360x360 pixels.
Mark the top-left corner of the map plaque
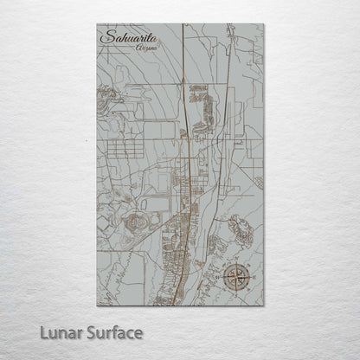pos(97,24)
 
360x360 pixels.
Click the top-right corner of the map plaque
pos(263,24)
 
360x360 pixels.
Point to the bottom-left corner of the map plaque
pos(97,305)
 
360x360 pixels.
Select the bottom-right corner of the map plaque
pos(263,305)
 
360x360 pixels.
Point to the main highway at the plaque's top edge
pos(183,26)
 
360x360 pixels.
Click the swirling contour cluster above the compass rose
pos(241,229)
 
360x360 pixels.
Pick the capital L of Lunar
pos(43,332)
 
